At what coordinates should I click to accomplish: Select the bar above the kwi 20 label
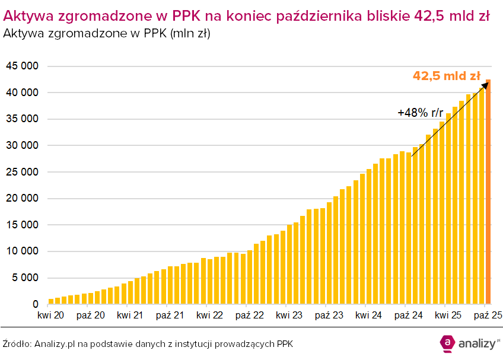click(x=51, y=301)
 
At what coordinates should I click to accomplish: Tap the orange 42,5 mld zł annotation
click(x=446, y=76)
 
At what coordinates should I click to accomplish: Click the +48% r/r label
click(x=421, y=113)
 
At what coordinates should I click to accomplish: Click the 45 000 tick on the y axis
click(x=22, y=66)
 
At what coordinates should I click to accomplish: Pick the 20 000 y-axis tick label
click(x=22, y=199)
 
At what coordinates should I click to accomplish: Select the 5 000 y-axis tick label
click(x=25, y=278)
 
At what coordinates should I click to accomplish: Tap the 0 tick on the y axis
click(x=36, y=304)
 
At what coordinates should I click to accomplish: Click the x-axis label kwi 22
click(x=210, y=316)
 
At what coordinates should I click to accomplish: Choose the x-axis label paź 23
click(x=329, y=316)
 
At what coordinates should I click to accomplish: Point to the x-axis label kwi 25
click(x=448, y=316)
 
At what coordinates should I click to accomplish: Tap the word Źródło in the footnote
click(x=16, y=344)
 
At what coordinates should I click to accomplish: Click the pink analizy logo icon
click(x=447, y=342)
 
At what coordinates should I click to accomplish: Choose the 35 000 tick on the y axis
click(x=22, y=119)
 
